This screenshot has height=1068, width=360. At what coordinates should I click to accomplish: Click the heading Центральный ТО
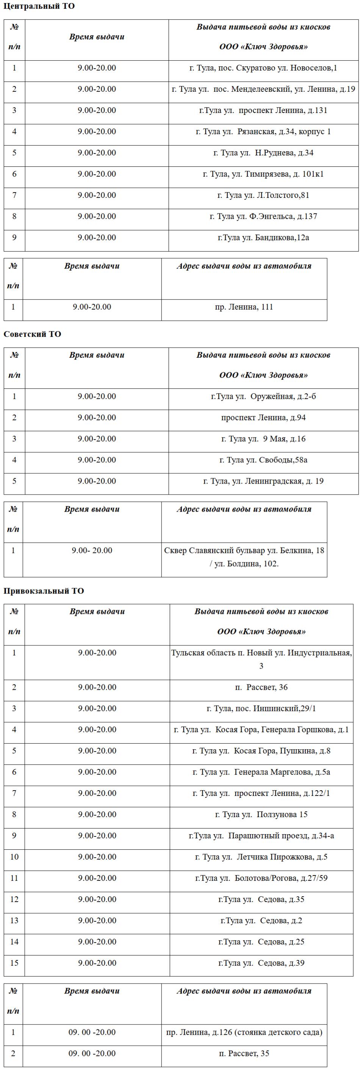pos(39,6)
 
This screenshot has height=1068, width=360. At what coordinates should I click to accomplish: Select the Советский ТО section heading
pos(32,334)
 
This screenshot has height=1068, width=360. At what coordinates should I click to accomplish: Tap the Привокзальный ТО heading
pos(44,591)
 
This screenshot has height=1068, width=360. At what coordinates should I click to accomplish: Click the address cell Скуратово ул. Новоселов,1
pos(263,68)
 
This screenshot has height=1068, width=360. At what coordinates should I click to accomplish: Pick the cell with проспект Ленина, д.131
pos(263,110)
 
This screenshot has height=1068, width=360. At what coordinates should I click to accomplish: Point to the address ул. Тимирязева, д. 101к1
pos(263,174)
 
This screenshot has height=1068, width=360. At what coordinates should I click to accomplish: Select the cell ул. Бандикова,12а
pos(263,238)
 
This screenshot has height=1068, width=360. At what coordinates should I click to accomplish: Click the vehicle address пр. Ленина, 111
pos(244,307)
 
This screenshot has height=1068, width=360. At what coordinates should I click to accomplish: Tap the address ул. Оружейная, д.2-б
pos(263,396)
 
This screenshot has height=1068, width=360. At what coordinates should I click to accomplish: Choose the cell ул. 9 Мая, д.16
pos(263,438)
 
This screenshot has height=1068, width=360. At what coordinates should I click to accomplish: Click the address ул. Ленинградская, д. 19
pos(263,481)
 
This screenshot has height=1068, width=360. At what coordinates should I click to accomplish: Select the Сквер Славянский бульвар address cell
pos(244,557)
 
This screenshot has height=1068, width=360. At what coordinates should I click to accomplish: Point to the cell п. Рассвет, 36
pos(261,687)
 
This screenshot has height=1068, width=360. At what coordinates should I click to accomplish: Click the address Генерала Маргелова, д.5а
pos(261,772)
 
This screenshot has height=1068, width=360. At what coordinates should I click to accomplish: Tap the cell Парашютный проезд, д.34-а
pos(261,835)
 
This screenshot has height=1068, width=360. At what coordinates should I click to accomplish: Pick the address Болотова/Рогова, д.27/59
pos(261,878)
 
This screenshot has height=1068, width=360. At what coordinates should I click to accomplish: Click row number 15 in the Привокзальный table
pos(14,963)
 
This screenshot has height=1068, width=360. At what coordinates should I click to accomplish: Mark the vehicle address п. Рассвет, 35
pos(244,1054)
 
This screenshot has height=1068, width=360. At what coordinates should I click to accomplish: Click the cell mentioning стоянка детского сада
pos(244,1032)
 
